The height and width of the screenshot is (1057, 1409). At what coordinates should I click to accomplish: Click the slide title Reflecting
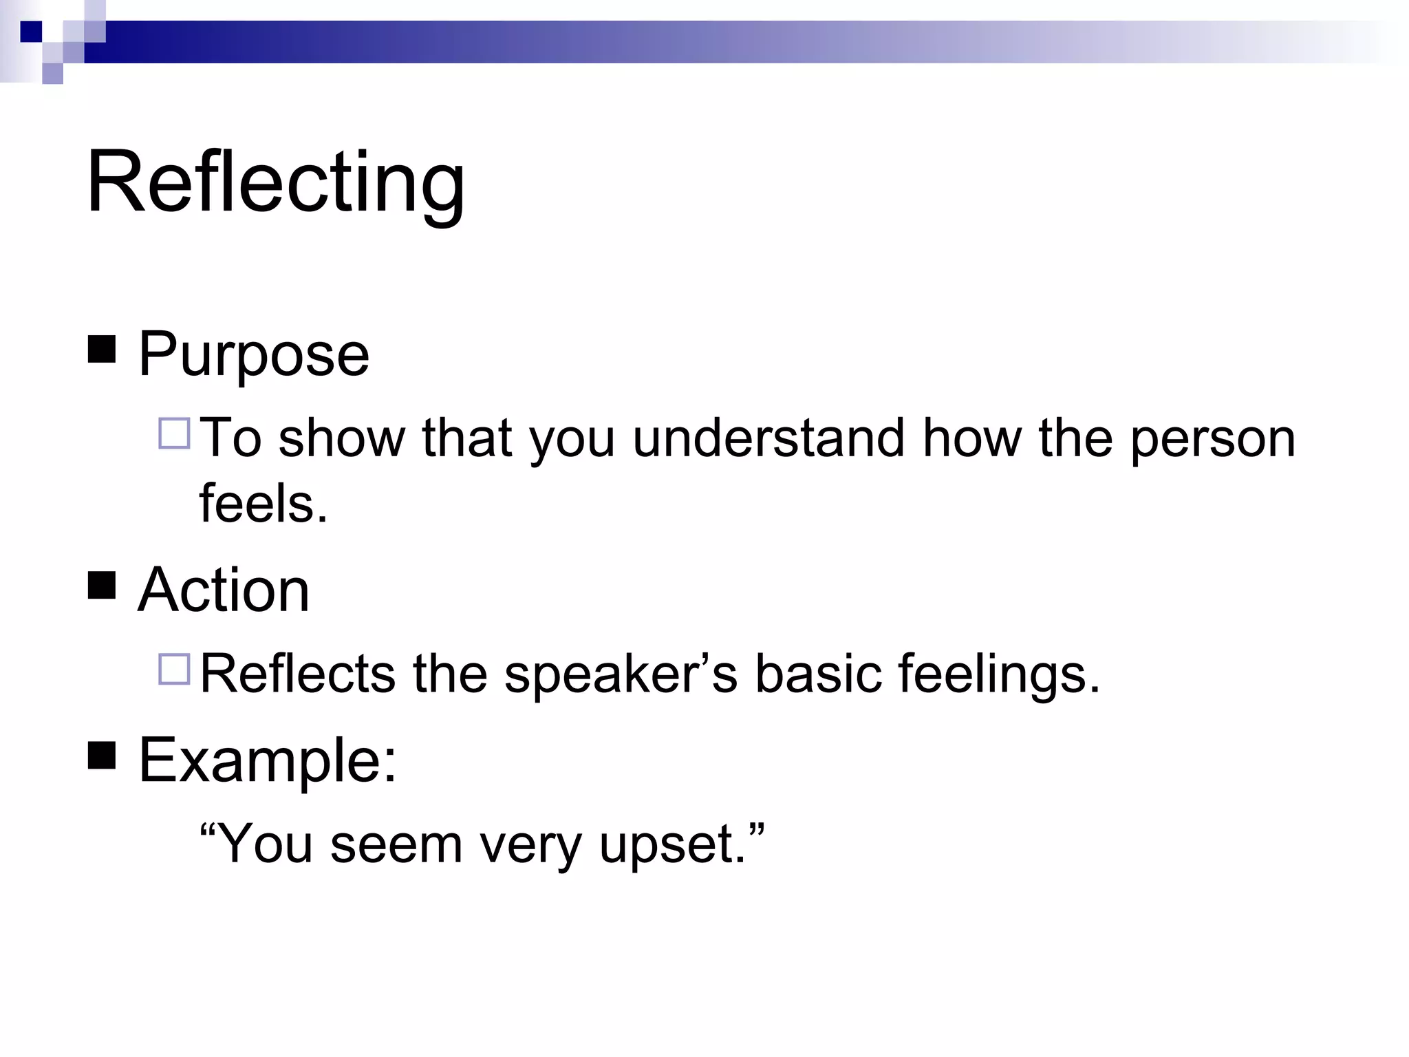275,184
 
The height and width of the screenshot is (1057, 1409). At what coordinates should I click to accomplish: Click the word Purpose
253,355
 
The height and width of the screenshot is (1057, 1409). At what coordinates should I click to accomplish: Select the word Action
224,590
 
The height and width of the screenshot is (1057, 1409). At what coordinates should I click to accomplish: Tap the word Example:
268,761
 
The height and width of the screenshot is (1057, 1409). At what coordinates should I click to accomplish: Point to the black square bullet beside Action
102,586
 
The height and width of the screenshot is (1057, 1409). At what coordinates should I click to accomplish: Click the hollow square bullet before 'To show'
174,434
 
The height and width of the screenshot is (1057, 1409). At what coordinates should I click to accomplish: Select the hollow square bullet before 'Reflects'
174,669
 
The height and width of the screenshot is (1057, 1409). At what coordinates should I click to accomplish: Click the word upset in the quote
671,845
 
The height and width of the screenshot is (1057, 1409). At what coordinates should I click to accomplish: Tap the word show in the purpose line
341,438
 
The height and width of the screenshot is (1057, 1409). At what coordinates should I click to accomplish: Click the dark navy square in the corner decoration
32,32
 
